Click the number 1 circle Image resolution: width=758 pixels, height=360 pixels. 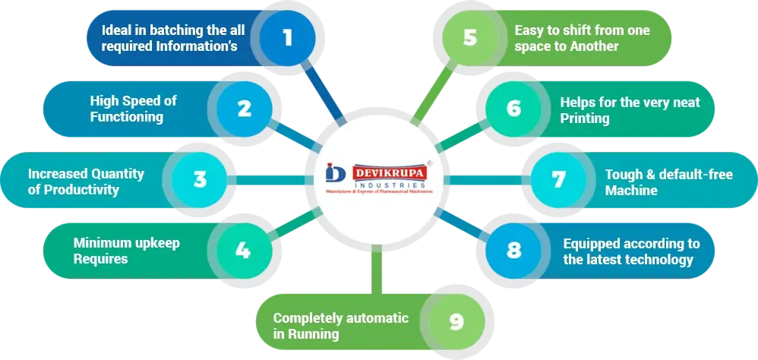tap(287, 37)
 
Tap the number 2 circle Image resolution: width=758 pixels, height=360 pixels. tap(244, 109)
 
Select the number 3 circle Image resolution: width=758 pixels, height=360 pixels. tap(200, 179)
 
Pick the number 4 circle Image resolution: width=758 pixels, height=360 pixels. tap(242, 249)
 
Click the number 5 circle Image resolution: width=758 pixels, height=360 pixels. tap(470, 37)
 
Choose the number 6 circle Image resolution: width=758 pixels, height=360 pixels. tap(513, 109)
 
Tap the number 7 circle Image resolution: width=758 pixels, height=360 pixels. tap(558, 180)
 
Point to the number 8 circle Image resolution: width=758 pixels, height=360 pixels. tap(513, 251)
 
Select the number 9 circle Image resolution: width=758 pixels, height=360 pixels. tap(456, 321)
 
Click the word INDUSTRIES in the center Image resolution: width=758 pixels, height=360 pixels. tap(387, 186)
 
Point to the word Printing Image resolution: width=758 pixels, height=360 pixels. tap(585, 118)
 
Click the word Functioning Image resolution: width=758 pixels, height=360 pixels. tap(126, 117)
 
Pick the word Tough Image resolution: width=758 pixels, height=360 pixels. tap(622, 175)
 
